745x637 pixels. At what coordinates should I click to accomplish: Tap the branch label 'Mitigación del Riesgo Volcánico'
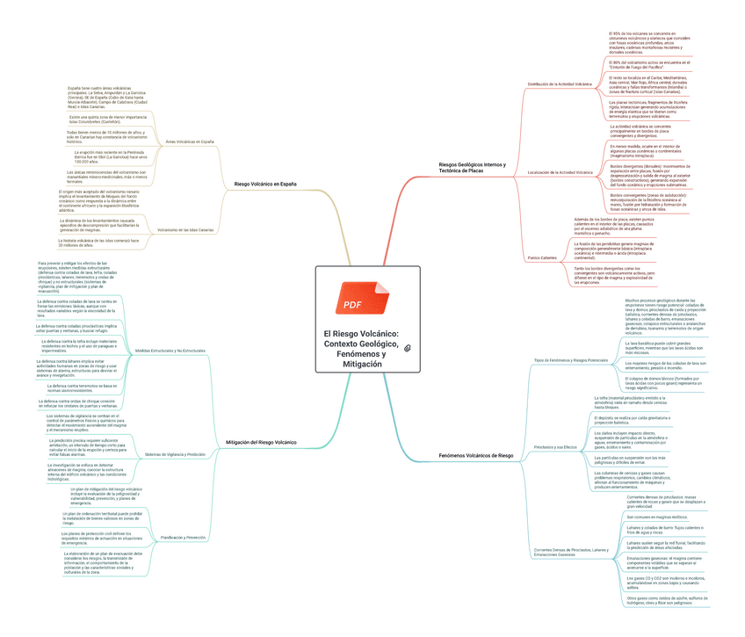[262, 441]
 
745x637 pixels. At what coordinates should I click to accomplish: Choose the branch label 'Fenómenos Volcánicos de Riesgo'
[475, 456]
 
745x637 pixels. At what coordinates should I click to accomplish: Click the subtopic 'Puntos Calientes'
[542, 257]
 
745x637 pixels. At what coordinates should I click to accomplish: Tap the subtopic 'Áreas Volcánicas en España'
[190, 141]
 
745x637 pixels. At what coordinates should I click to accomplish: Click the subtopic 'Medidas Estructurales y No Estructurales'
[170, 351]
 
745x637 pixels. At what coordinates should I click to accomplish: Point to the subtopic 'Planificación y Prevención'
[184, 536]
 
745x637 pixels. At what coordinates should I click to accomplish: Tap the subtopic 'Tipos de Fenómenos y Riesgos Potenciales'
[571, 360]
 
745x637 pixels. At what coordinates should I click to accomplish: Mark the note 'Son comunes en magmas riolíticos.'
[655, 518]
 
